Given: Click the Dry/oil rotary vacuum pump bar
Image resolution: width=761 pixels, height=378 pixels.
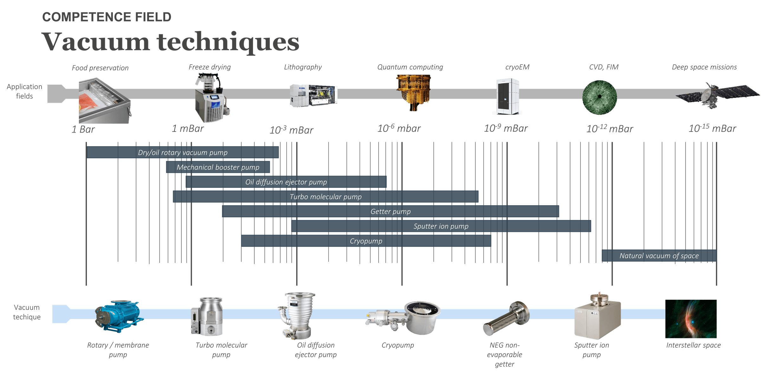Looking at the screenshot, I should pyautogui.click(x=183, y=153).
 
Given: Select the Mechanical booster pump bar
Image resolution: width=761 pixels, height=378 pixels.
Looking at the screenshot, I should pyautogui.click(x=218, y=167).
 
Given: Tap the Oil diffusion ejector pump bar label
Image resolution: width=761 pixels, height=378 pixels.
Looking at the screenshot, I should pyautogui.click(x=286, y=182).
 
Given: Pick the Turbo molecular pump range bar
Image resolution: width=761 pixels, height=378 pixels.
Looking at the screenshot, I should pyautogui.click(x=325, y=197).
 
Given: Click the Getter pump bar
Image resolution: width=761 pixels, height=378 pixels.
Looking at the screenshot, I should pyautogui.click(x=390, y=212).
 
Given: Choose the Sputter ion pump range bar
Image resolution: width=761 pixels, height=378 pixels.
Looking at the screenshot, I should pyautogui.click(x=441, y=226).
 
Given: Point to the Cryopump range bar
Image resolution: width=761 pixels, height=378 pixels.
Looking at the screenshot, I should pyautogui.click(x=366, y=241).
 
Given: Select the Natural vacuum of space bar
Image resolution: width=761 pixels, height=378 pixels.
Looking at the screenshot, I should pyautogui.click(x=659, y=256).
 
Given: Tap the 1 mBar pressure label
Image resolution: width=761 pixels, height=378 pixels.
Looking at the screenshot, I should pyautogui.click(x=188, y=128).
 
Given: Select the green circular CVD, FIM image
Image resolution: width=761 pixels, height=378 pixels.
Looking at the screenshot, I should pyautogui.click(x=599, y=97).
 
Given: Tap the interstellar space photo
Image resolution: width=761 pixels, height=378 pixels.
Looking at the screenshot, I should pyautogui.click(x=691, y=318).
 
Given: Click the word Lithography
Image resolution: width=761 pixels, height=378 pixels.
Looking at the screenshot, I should pyautogui.click(x=302, y=67).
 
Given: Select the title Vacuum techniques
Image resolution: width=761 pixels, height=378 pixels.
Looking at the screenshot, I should pyautogui.click(x=170, y=42).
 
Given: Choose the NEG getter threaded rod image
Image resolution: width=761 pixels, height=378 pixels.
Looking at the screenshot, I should pyautogui.click(x=506, y=318).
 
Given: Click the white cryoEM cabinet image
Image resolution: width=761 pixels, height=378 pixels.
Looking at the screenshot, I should pyautogui.click(x=507, y=96).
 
